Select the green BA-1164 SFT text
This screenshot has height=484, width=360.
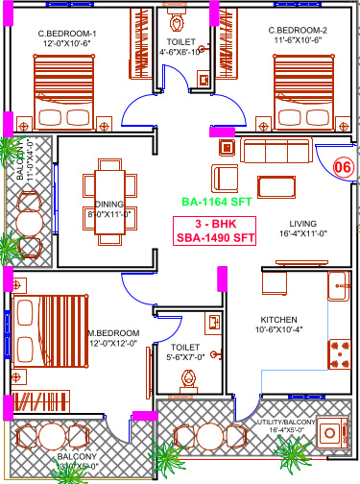pyautogui.click(x=217, y=203)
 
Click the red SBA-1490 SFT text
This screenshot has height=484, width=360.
pyautogui.click(x=217, y=239)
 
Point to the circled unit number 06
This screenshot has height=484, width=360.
pyautogui.click(x=342, y=166)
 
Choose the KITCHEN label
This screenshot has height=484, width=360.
pyautogui.click(x=279, y=320)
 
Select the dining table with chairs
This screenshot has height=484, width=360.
pyautogui.click(x=103, y=198)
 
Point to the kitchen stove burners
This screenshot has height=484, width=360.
pyautogui.click(x=339, y=355)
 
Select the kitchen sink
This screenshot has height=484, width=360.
pyautogui.click(x=338, y=284)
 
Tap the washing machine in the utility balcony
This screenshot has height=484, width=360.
pyautogui.click(x=336, y=433)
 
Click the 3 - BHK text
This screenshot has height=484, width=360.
pyautogui.click(x=217, y=224)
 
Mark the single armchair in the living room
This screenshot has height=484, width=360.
pyautogui.click(x=226, y=178)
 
